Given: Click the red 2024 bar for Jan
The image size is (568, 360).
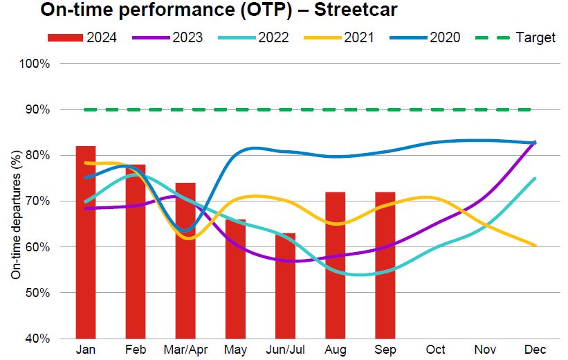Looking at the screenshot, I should click(x=86, y=242).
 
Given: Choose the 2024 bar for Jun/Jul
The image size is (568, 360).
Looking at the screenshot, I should click(x=285, y=286).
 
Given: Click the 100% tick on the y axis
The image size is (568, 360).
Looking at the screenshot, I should click(x=36, y=64).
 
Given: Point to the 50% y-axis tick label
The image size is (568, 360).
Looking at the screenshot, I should click(x=39, y=293).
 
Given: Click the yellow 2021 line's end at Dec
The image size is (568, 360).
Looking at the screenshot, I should click(x=533, y=245).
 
